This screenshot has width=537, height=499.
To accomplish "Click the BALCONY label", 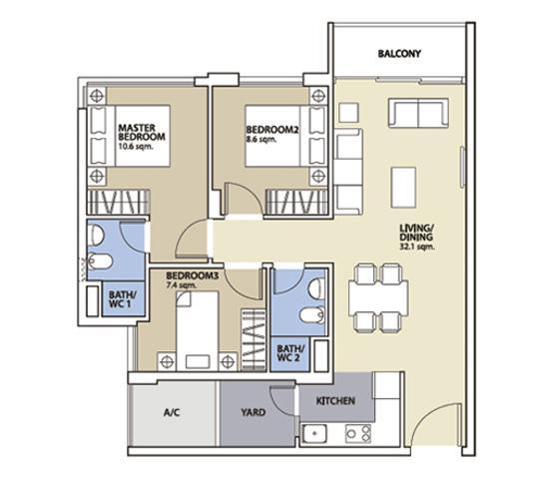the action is (399, 54).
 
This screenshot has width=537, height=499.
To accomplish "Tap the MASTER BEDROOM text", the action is (142, 132).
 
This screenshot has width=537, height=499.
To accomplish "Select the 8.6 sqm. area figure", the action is (262, 140).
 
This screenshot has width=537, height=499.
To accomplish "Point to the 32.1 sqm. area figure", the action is (417, 247).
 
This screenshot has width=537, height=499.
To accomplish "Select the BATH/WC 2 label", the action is (290, 353).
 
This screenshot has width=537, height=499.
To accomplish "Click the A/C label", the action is (172, 413).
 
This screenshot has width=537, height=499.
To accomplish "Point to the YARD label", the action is (254, 412).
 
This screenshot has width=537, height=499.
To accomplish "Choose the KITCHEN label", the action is (335, 401).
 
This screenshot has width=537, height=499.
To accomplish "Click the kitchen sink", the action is (314, 434).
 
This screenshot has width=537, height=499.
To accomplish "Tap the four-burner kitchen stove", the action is (358, 434).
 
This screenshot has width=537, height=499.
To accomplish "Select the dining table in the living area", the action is (378, 298).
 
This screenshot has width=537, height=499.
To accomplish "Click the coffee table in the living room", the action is (404, 187).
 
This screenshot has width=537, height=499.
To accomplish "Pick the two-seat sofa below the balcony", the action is (418, 113).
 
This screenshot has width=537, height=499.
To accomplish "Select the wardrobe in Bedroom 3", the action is (254, 339).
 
